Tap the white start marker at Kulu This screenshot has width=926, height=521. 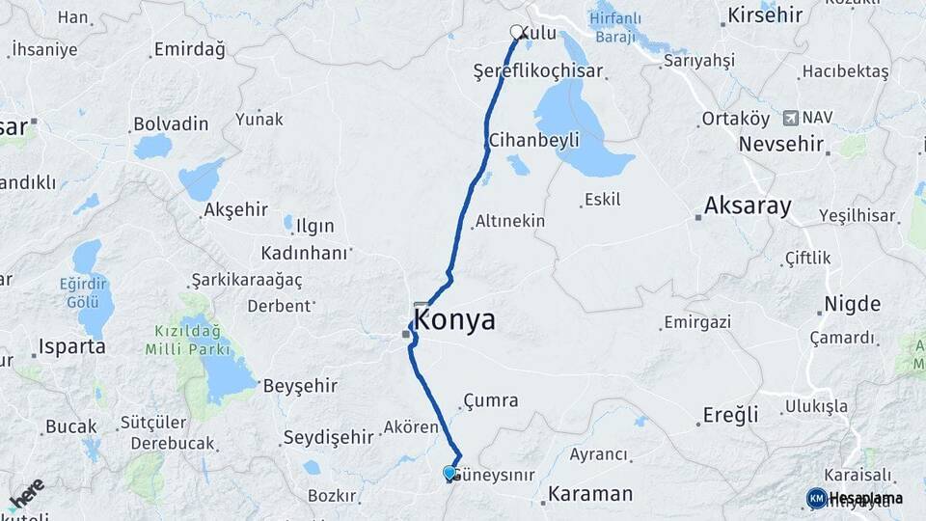pyautogui.click(x=517, y=32)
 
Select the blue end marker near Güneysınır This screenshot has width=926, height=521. pyautogui.click(x=449, y=473)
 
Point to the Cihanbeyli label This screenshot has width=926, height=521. pyautogui.click(x=534, y=140)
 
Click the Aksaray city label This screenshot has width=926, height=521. pyautogui.click(x=748, y=206)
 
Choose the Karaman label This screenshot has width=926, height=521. pyautogui.click(x=590, y=495)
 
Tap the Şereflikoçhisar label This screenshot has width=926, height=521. pyautogui.click(x=538, y=71)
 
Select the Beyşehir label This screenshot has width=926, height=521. pyautogui.click(x=301, y=386)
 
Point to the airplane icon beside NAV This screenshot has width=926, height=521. pyautogui.click(x=791, y=118)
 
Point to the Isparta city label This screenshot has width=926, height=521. pyautogui.click(x=71, y=347)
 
